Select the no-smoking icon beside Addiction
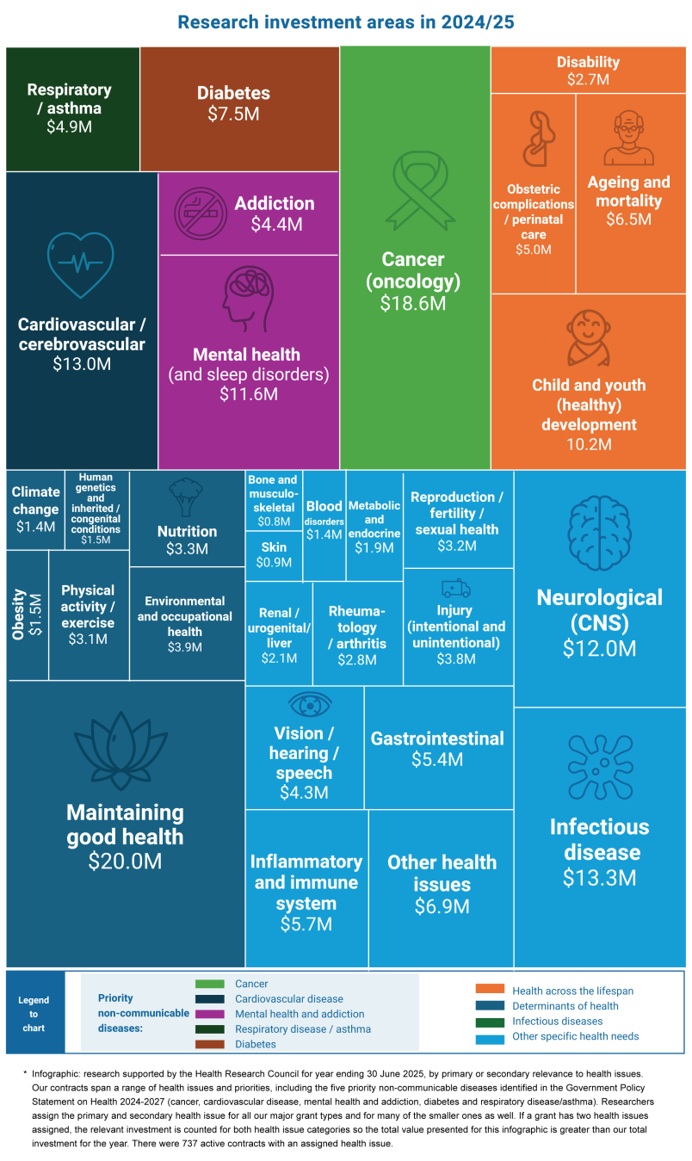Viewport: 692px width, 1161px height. coord(201,213)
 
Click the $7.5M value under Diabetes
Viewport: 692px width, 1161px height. coord(233,114)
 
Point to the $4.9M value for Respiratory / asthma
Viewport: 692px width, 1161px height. coord(69,127)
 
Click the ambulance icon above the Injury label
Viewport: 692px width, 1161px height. coord(455,588)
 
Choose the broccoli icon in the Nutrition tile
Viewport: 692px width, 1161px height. coord(186,497)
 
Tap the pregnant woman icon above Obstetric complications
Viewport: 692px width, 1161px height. coord(535,139)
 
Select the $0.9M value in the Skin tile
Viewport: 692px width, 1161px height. coord(274,562)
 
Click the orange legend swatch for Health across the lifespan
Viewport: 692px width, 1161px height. coord(490,990)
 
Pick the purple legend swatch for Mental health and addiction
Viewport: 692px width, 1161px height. coord(209,1014)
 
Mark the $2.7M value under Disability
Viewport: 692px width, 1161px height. coord(588,78)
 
